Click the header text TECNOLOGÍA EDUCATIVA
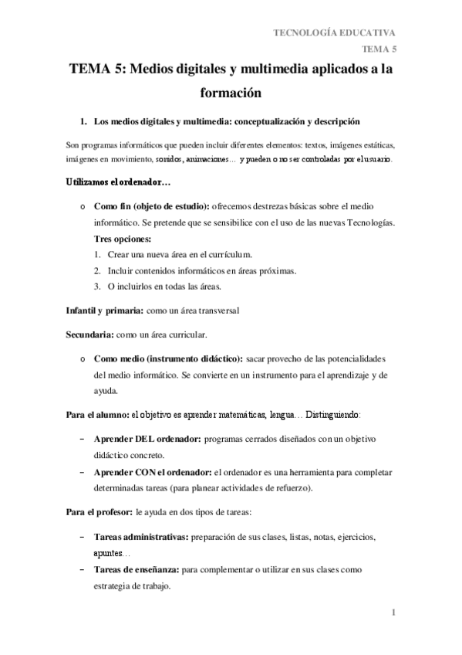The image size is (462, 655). pos(336,32)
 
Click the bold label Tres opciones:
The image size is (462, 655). pos(123,239)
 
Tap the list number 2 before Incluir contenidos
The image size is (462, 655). pos(98,270)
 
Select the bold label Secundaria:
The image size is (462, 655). pos(89,334)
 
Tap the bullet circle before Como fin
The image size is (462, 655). pos(82,208)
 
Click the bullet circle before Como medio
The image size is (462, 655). pos(82,360)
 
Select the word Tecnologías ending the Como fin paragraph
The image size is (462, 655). pos(370,223)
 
